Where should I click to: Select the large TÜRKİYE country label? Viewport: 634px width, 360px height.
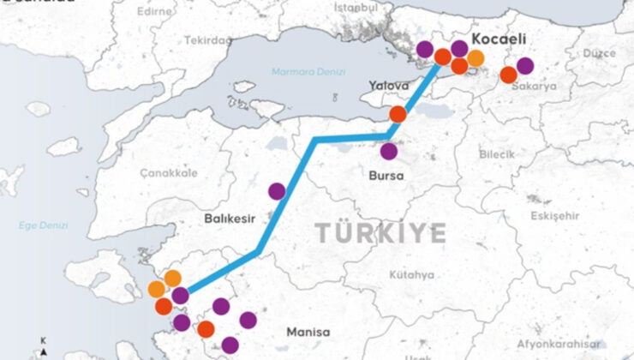(x=380, y=232)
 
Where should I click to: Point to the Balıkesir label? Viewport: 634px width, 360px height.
(x=230, y=219)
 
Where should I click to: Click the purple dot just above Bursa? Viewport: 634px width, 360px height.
(x=389, y=152)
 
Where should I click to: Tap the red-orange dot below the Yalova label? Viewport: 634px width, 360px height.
(x=398, y=114)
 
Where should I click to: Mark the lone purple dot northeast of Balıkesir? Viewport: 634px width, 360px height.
(x=277, y=191)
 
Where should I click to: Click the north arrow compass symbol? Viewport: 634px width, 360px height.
(x=44, y=349)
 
